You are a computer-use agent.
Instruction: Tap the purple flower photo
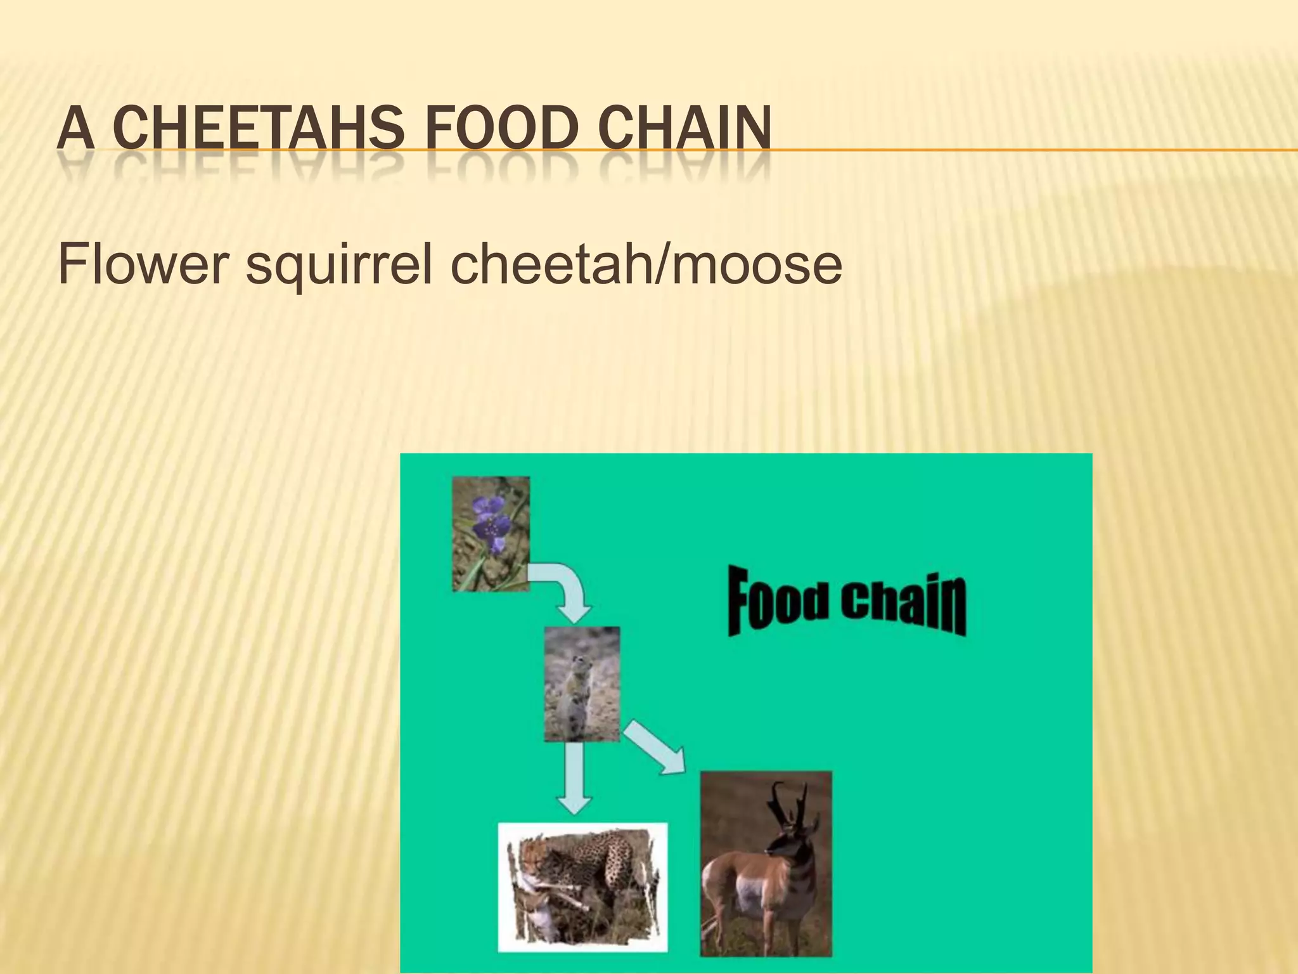pos(491,534)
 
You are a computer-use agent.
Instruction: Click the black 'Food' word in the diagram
pos(778,602)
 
